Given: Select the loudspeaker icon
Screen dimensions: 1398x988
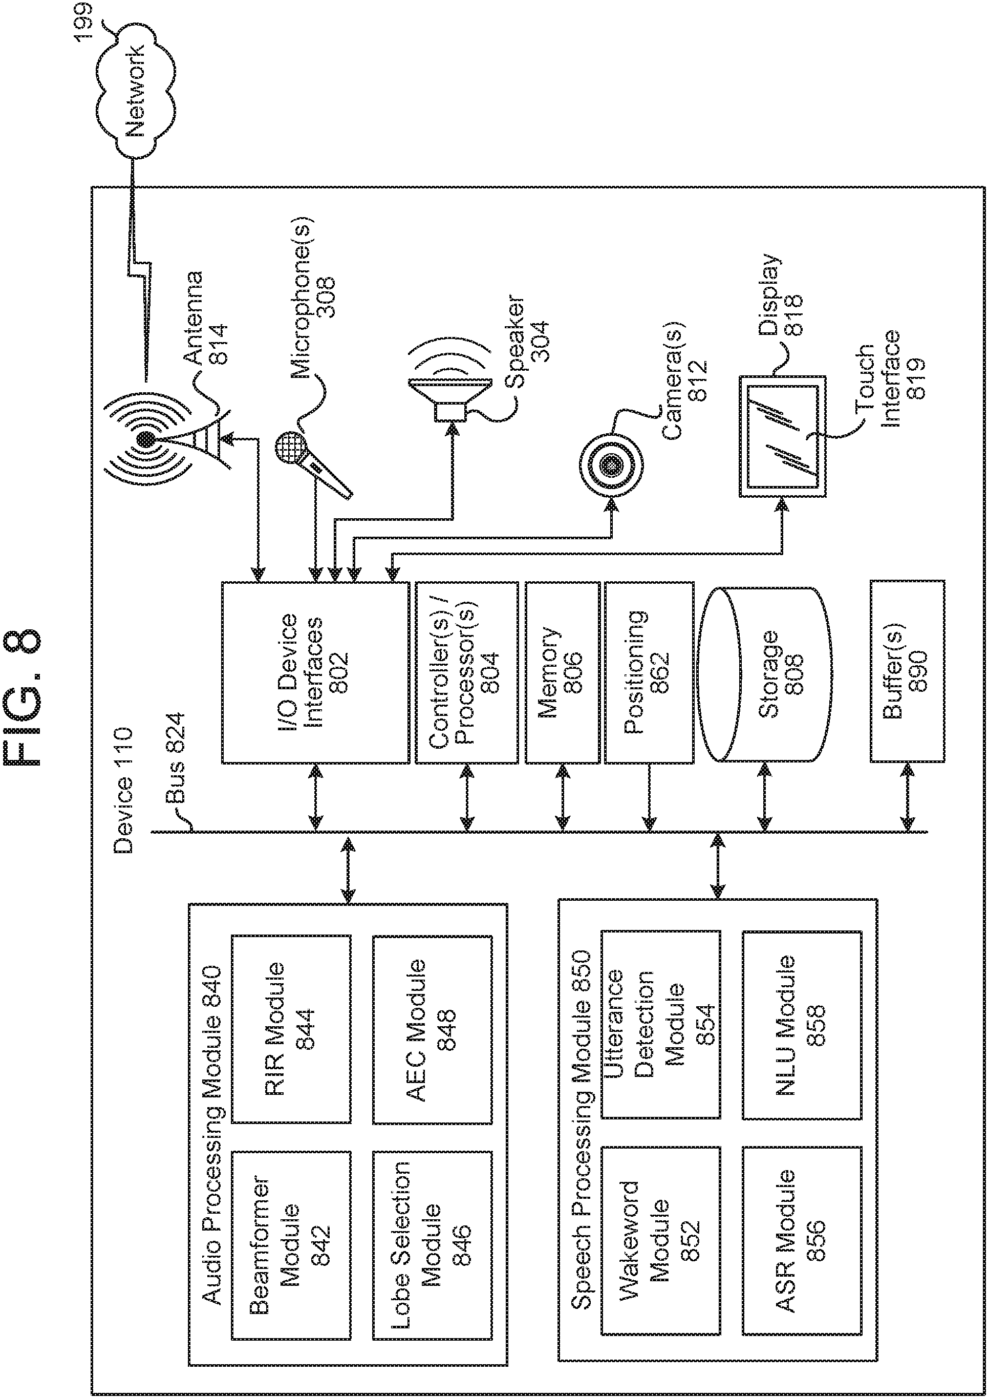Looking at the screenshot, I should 450,394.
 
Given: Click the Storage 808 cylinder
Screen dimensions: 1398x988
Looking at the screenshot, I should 765,673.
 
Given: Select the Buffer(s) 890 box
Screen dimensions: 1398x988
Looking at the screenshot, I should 907,671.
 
